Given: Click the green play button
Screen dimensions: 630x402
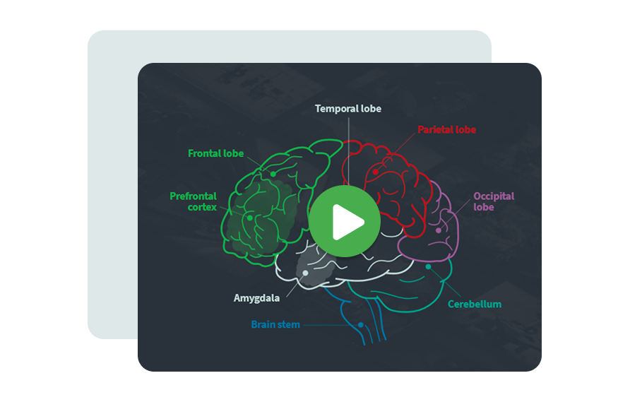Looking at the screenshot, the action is coord(344,222).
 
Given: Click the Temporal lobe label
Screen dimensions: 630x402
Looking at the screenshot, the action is coord(347,109).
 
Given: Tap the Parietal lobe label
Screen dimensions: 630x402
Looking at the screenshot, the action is coord(446,130).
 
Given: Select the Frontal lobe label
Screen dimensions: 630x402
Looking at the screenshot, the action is coord(215,153).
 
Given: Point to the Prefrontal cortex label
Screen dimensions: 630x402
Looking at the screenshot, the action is coord(194,201).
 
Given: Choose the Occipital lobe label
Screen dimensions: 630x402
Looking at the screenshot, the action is coord(494,201).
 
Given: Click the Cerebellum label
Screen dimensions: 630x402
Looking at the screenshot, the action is coord(474,305).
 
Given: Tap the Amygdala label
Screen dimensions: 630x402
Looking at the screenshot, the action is coord(256,298).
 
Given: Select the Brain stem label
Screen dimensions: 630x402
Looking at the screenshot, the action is coord(275,325).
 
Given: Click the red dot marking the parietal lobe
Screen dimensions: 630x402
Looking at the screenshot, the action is coord(376,171).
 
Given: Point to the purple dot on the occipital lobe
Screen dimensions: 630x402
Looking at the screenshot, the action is coord(439,230).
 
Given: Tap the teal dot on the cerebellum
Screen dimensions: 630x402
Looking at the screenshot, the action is coord(429,266).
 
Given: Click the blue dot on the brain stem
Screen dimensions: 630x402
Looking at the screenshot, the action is coord(360,325).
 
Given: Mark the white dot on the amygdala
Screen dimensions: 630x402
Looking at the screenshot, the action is coord(305,273).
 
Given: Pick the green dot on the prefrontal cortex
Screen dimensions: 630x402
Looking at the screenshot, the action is coord(249,218).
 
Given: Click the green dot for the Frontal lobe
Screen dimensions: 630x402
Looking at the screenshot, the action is coord(273,174).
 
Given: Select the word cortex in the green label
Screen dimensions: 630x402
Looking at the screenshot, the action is coord(203,207).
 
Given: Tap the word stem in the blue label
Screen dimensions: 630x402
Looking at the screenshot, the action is coord(289,325).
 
